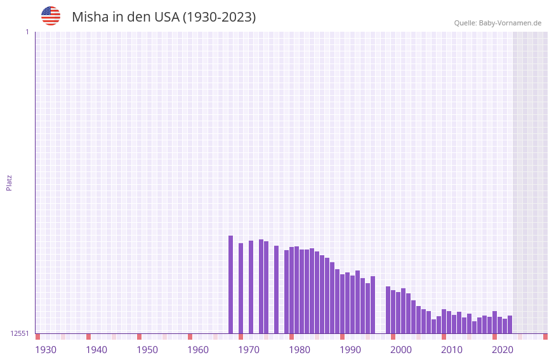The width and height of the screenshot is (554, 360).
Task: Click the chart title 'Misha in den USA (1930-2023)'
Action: point(164,17)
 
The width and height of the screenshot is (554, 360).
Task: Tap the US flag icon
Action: point(51,16)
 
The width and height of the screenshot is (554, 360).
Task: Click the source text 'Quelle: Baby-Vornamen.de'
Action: point(498,23)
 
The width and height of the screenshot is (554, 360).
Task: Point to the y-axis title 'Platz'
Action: point(9,182)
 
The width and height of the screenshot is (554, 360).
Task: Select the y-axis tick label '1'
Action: point(27,32)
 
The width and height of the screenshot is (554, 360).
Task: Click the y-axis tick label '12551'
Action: point(20,333)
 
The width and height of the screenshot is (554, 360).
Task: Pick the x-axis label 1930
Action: point(46,350)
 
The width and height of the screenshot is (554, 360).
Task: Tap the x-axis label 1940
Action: point(96,350)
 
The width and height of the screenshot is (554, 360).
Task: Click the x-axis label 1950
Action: point(147,350)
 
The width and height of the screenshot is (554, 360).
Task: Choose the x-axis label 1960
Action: point(198,350)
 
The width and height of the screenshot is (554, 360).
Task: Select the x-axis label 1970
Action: point(249,350)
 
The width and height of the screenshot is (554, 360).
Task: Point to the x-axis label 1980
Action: point(300,350)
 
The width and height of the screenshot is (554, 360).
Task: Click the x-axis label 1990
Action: point(350,350)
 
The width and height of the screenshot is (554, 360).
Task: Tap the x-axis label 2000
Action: point(401,350)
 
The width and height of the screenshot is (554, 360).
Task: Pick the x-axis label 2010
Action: point(452,350)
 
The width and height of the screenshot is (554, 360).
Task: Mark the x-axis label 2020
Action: point(503,350)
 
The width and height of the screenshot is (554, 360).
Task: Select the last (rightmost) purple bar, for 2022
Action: point(510,324)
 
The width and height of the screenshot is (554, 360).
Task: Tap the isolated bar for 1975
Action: point(276,290)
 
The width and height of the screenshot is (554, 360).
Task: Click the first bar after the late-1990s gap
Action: point(388,310)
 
